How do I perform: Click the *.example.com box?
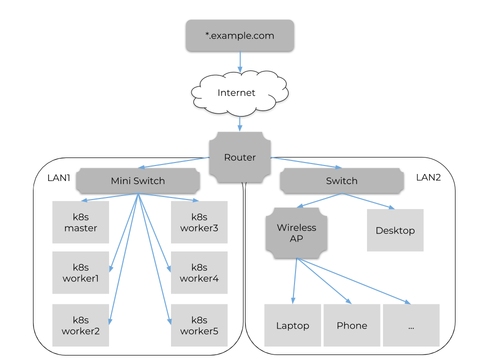[240, 35]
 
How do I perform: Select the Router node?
[240, 157]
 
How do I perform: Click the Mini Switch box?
[137, 180]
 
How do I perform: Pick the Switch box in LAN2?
[341, 180]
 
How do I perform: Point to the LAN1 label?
[58, 178]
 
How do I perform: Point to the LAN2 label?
[428, 177]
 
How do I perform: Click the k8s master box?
[80, 222]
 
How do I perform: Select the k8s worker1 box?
[80, 272]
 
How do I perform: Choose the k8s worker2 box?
[80, 325]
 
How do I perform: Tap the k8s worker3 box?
[199, 222]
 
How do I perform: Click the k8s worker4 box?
[199, 272]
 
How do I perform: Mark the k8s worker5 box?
[199, 325]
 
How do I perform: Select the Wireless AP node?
[296, 233]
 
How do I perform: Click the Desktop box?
[395, 230]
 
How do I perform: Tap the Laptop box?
[292, 325]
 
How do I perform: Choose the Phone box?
[351, 325]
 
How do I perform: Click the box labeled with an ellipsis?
[411, 325]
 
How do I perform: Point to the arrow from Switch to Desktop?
[367, 200]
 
